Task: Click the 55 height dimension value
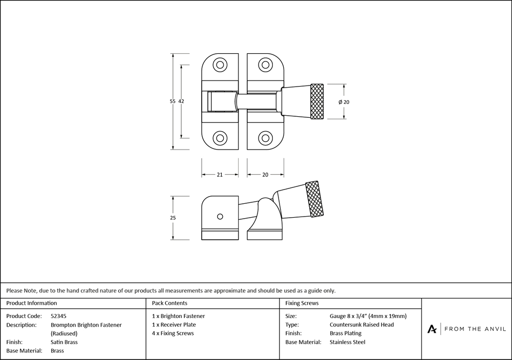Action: click(173, 101)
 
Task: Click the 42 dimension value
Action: click(181, 101)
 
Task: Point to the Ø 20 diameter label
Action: click(344, 102)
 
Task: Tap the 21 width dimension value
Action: click(220, 175)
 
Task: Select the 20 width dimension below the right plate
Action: click(265, 175)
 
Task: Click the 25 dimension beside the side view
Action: click(173, 218)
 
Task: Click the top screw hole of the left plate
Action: click(220, 65)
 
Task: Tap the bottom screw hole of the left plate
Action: click(220, 138)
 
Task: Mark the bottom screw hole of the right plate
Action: click(265, 138)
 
